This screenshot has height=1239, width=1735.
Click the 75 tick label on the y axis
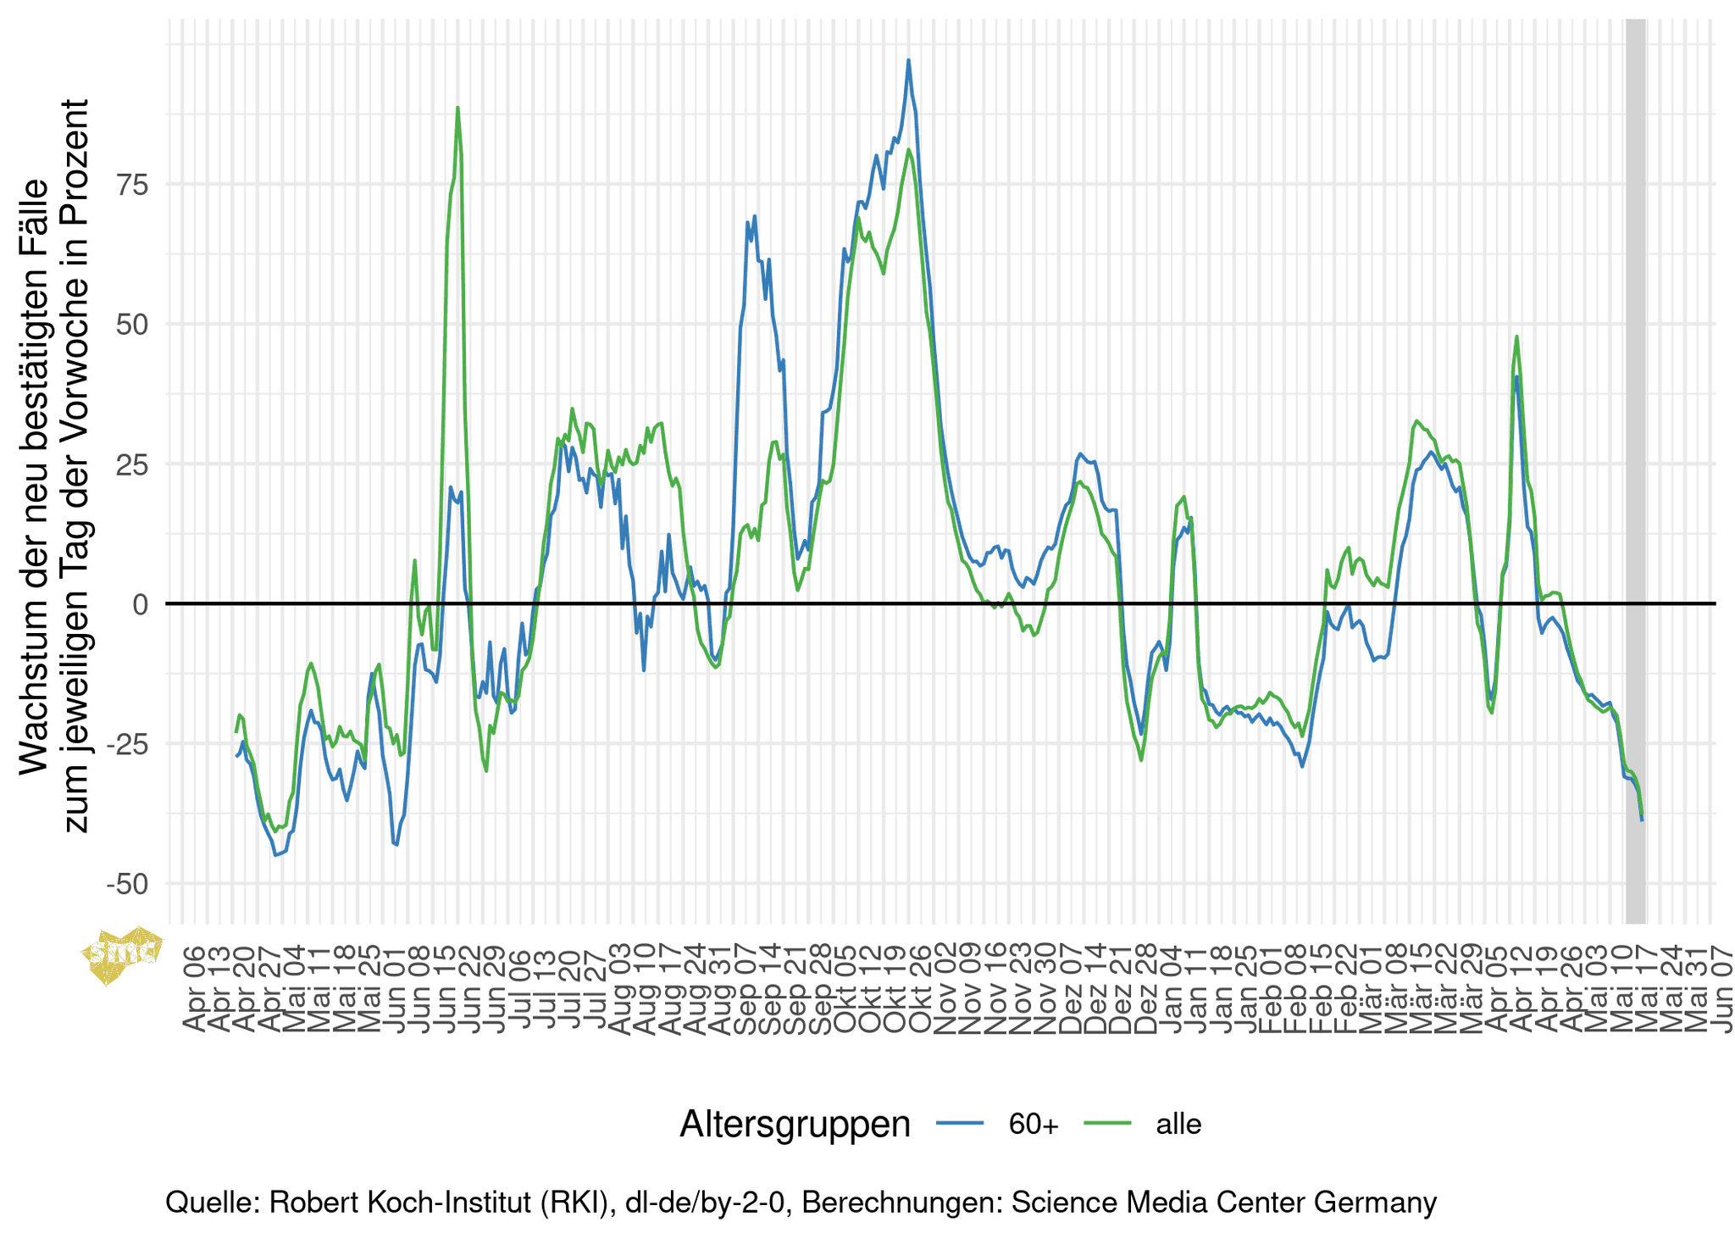tap(129, 185)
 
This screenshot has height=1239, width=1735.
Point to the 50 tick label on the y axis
tap(129, 325)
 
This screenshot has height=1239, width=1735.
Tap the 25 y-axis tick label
tap(129, 464)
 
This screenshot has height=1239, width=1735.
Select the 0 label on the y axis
tap(140, 604)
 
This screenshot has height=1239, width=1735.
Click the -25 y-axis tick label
tap(125, 744)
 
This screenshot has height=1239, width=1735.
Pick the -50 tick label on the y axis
tap(125, 884)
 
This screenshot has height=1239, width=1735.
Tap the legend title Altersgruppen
tap(795, 1124)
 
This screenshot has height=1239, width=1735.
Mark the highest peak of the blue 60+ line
tap(908, 60)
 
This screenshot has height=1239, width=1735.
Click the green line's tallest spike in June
tap(457, 108)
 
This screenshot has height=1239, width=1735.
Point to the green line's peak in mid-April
tap(1516, 336)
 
